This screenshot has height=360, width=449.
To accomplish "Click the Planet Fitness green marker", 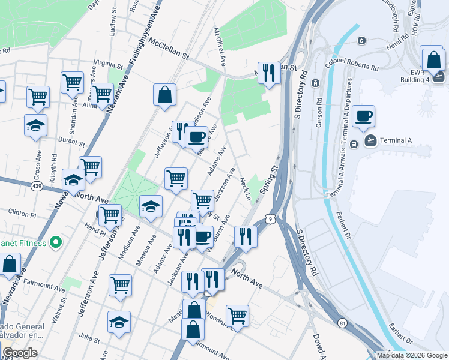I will (x=56, y=243).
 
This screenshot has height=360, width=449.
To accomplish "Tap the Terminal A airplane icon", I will (x=370, y=141).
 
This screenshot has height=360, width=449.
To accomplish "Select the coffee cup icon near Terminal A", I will (x=364, y=116).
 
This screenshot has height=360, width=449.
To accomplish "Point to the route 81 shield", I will (x=342, y=322).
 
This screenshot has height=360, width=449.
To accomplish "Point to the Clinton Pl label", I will (x=22, y=212).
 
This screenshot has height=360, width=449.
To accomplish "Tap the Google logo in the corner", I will (x=20, y=353).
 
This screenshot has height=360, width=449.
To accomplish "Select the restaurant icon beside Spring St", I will (x=245, y=236).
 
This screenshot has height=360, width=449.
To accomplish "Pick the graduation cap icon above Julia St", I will (x=119, y=322).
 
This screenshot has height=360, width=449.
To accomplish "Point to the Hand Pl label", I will (x=95, y=228).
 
